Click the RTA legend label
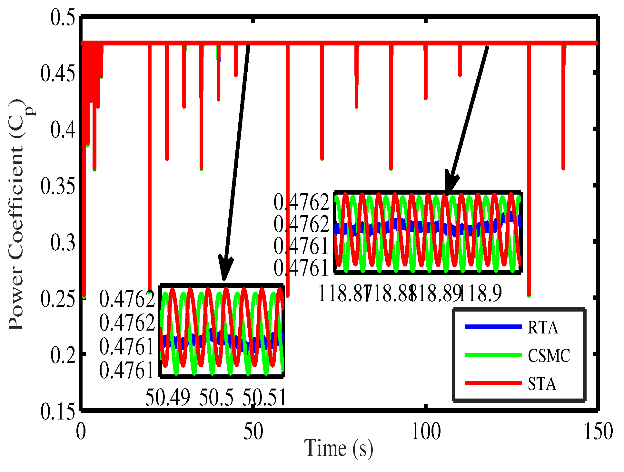point(543,328)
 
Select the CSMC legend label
point(549,356)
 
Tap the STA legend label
point(542,384)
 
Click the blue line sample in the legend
point(493,327)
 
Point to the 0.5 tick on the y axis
point(63,17)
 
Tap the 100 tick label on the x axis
point(426,432)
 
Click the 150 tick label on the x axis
point(598,432)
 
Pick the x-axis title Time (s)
point(339,448)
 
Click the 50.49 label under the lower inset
point(167,397)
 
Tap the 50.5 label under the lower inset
point(216,397)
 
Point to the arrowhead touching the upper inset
point(450,185)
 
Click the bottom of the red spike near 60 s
point(288,295)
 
